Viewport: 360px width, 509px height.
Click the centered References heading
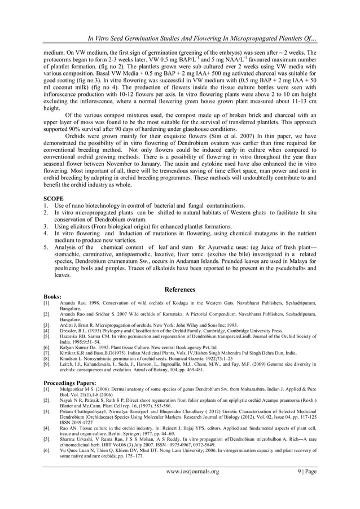[x=180, y=289]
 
